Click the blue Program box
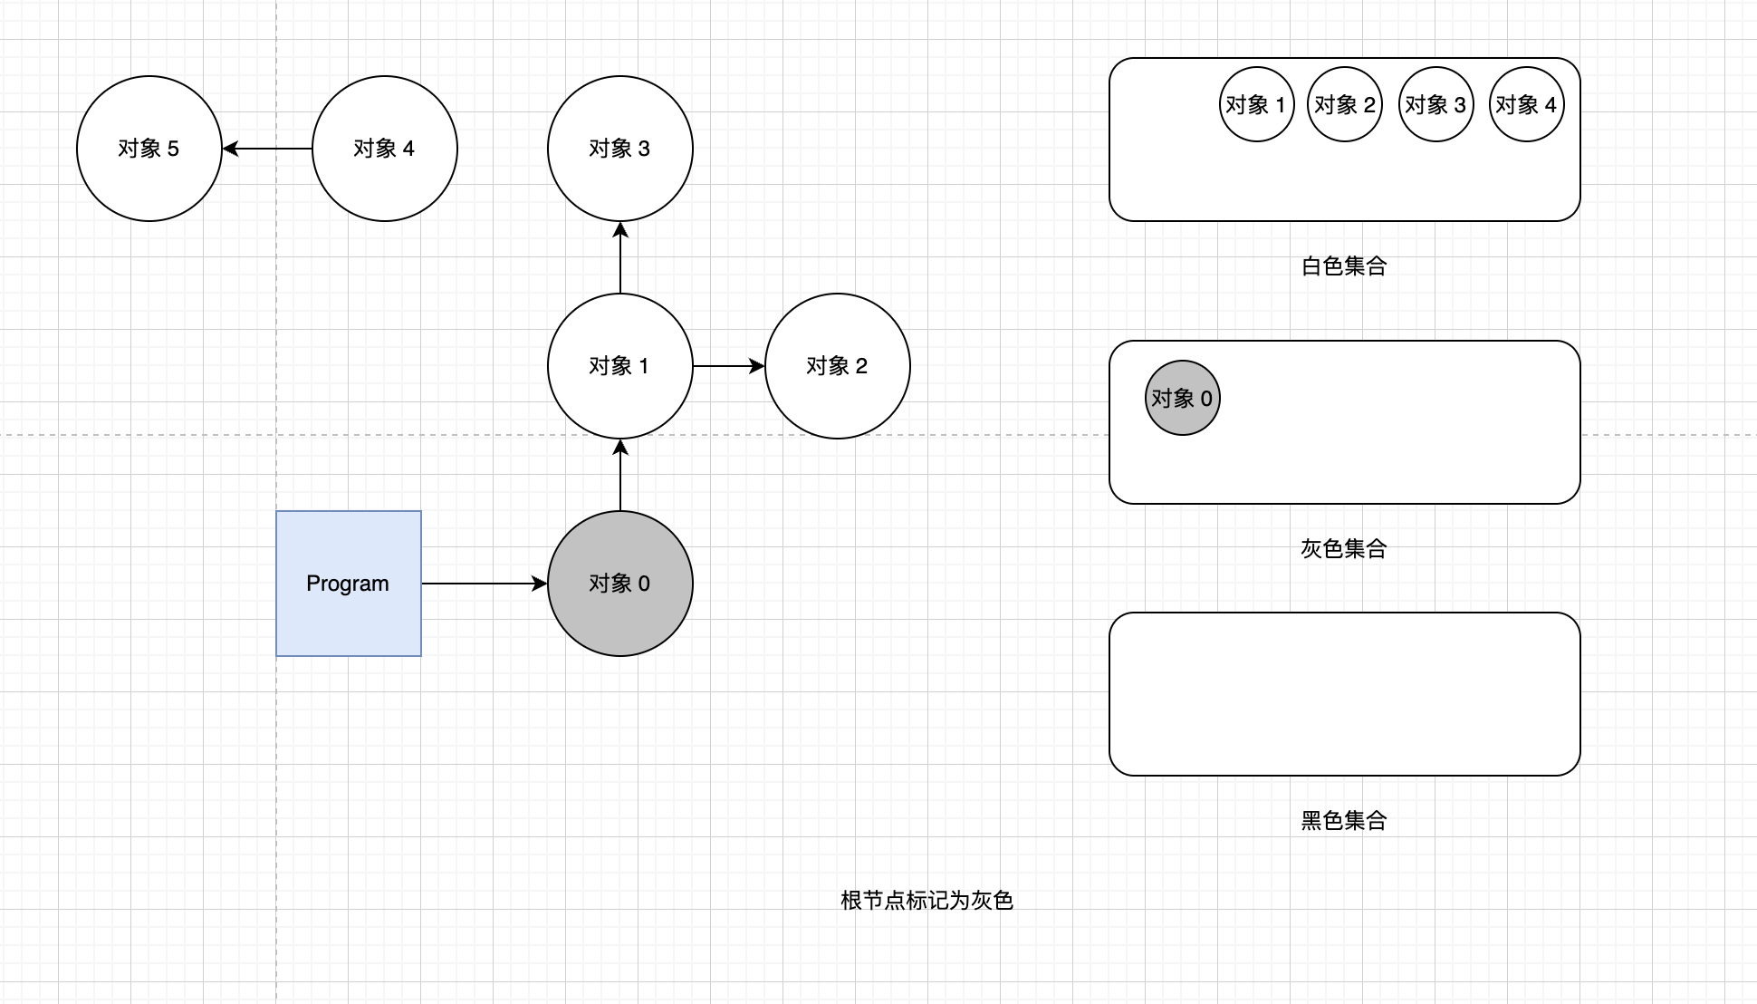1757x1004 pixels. [x=349, y=584]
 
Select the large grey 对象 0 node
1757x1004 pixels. [x=620, y=584]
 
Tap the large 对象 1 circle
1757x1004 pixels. [x=620, y=366]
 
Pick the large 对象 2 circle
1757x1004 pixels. [x=838, y=366]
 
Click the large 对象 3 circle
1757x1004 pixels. [x=620, y=149]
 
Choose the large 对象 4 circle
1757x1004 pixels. [x=385, y=149]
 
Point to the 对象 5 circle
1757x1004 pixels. [x=149, y=149]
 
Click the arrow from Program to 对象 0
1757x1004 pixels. [x=485, y=584]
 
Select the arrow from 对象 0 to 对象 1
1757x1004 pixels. [x=620, y=476]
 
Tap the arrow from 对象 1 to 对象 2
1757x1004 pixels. [x=729, y=366]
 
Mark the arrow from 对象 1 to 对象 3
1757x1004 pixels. [x=620, y=258]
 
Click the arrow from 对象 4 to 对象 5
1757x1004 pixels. [x=267, y=149]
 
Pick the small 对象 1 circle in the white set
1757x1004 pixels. [x=1256, y=104]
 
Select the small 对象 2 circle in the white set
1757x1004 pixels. [x=1345, y=104]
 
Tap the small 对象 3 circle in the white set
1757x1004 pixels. [x=1435, y=104]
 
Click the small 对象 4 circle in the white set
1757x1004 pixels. [x=1526, y=104]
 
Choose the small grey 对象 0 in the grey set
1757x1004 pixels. [x=1182, y=398]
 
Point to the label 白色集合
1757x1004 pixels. [x=1344, y=266]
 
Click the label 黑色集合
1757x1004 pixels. [x=1344, y=821]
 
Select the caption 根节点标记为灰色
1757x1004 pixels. [x=927, y=901]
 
